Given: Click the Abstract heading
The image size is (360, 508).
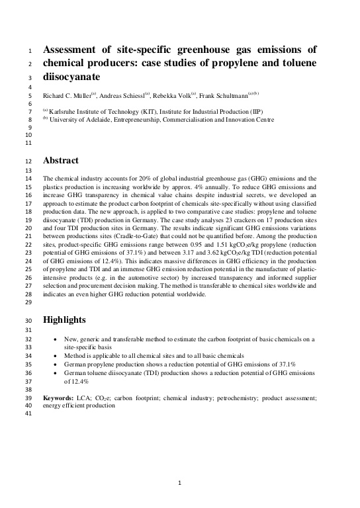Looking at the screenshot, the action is pyautogui.click(x=61, y=161).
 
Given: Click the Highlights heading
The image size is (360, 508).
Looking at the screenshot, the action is pyautogui.click(x=64, y=320).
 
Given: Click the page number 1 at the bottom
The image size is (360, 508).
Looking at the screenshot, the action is pyautogui.click(x=179, y=483).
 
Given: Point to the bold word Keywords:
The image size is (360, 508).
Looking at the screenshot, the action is pyautogui.click(x=58, y=398).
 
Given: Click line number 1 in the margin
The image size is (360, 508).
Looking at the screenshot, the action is pyautogui.click(x=28, y=50).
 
